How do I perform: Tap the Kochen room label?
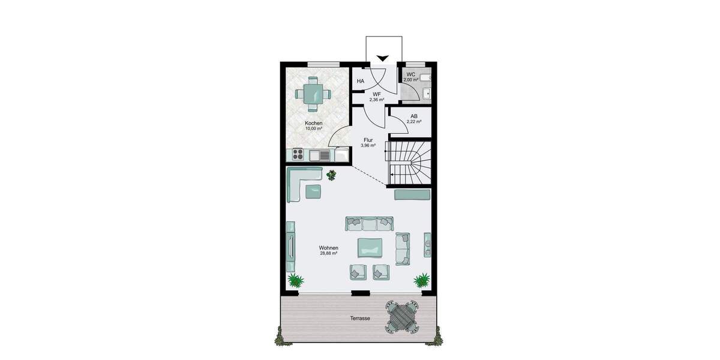pos(313,123)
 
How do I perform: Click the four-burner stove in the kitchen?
pos(299,155)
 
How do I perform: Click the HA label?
pos(361,81)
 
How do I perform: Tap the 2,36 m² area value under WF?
pos(377,100)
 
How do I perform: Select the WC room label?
pos(411,74)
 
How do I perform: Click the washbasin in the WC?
pos(427,93)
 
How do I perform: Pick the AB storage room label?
pos(414,116)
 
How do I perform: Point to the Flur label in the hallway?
pos(368,140)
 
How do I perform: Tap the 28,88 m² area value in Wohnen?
pos(329,253)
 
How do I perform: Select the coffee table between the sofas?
pos(370,247)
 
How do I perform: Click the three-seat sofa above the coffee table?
pos(368,224)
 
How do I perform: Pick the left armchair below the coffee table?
pos(358,272)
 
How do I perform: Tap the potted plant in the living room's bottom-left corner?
pos(295,280)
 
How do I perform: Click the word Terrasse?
pos(360,319)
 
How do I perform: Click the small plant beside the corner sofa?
pos(332,175)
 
